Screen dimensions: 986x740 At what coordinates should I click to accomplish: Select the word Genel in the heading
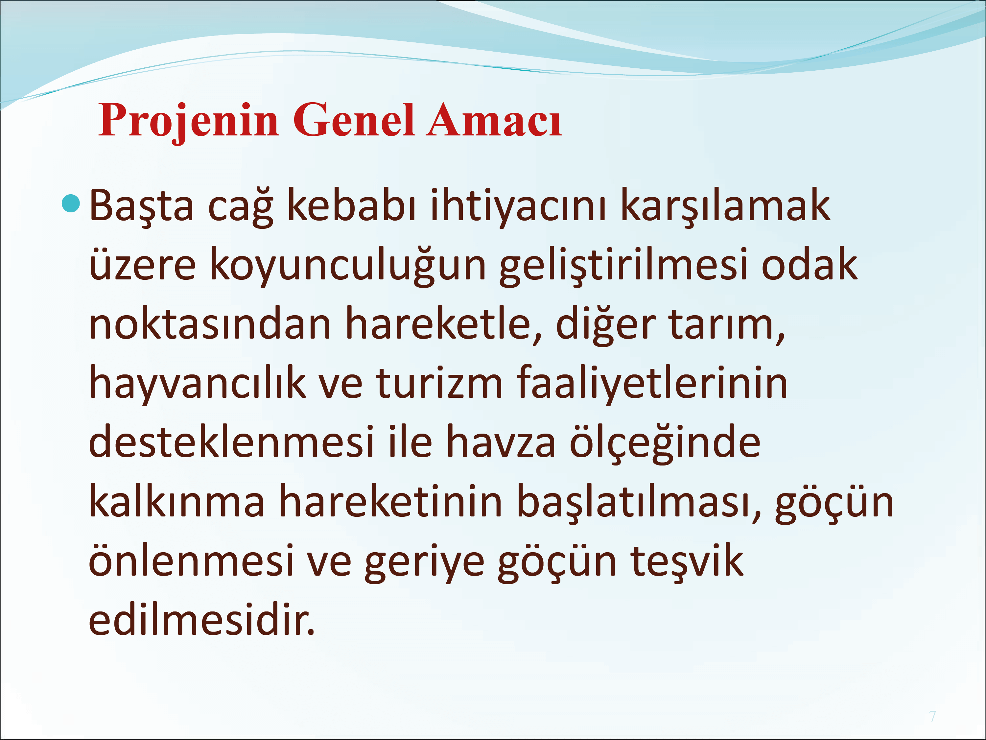click(x=354, y=119)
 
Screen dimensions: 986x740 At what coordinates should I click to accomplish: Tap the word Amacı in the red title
click(x=494, y=119)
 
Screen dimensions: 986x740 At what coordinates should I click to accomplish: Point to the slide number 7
click(x=932, y=716)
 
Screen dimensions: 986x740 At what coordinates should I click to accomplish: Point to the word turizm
click(x=439, y=383)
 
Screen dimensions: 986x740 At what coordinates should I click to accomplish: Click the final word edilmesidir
click(x=202, y=620)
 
